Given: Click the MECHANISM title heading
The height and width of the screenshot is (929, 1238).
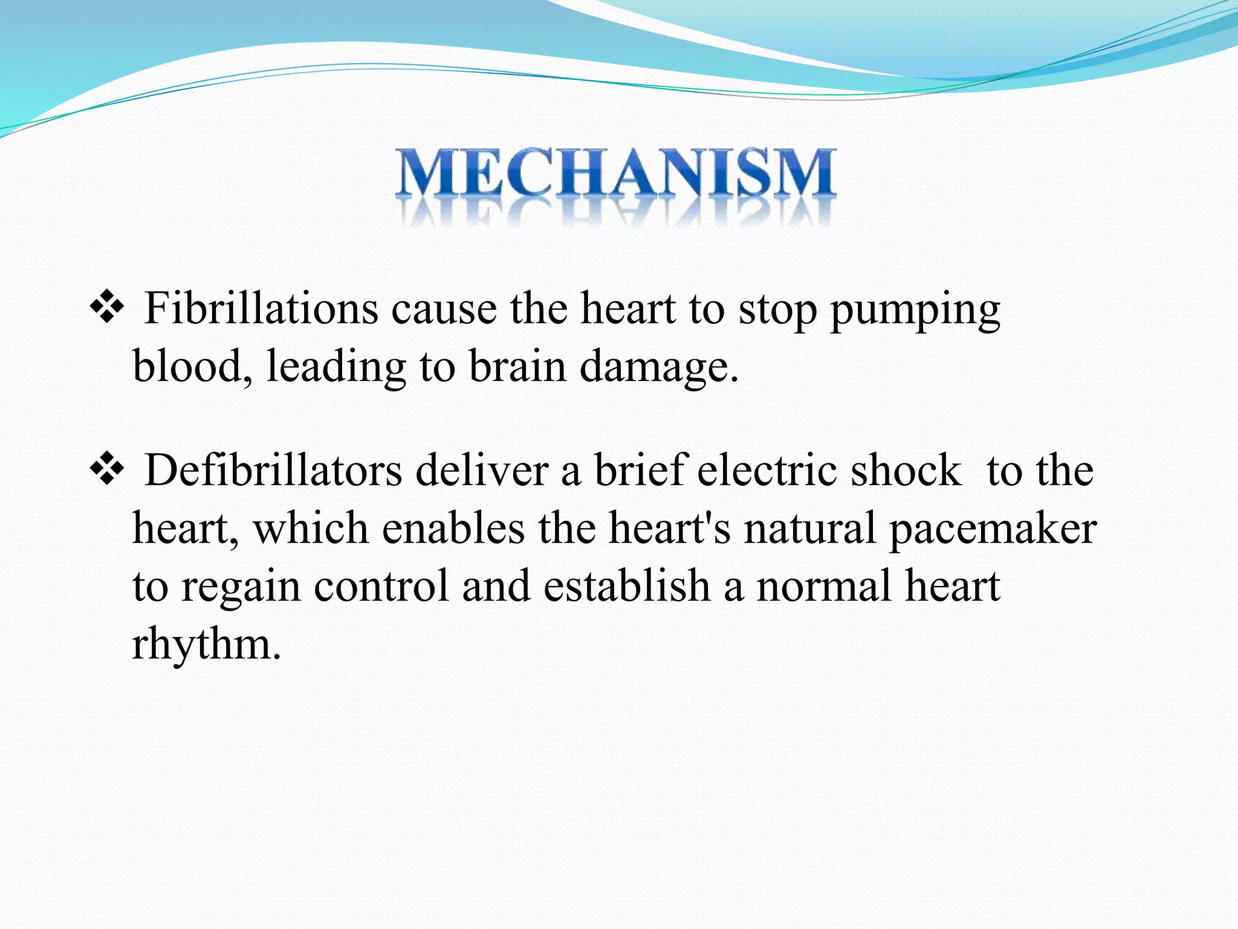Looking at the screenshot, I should tap(617, 174).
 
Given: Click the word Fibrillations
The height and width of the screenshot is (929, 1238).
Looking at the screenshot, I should tap(261, 309).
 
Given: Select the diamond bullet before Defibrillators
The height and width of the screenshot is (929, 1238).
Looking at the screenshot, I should tap(106, 469).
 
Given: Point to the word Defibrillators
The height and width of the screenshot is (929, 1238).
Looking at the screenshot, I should tap(273, 471).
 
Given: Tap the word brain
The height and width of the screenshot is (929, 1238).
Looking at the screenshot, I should tap(517, 367).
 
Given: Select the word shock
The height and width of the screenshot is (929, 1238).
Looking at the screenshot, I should tap(906, 471).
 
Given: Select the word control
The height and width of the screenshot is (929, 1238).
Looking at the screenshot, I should tap(381, 587).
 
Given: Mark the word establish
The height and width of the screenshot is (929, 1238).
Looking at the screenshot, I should tap(626, 587).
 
